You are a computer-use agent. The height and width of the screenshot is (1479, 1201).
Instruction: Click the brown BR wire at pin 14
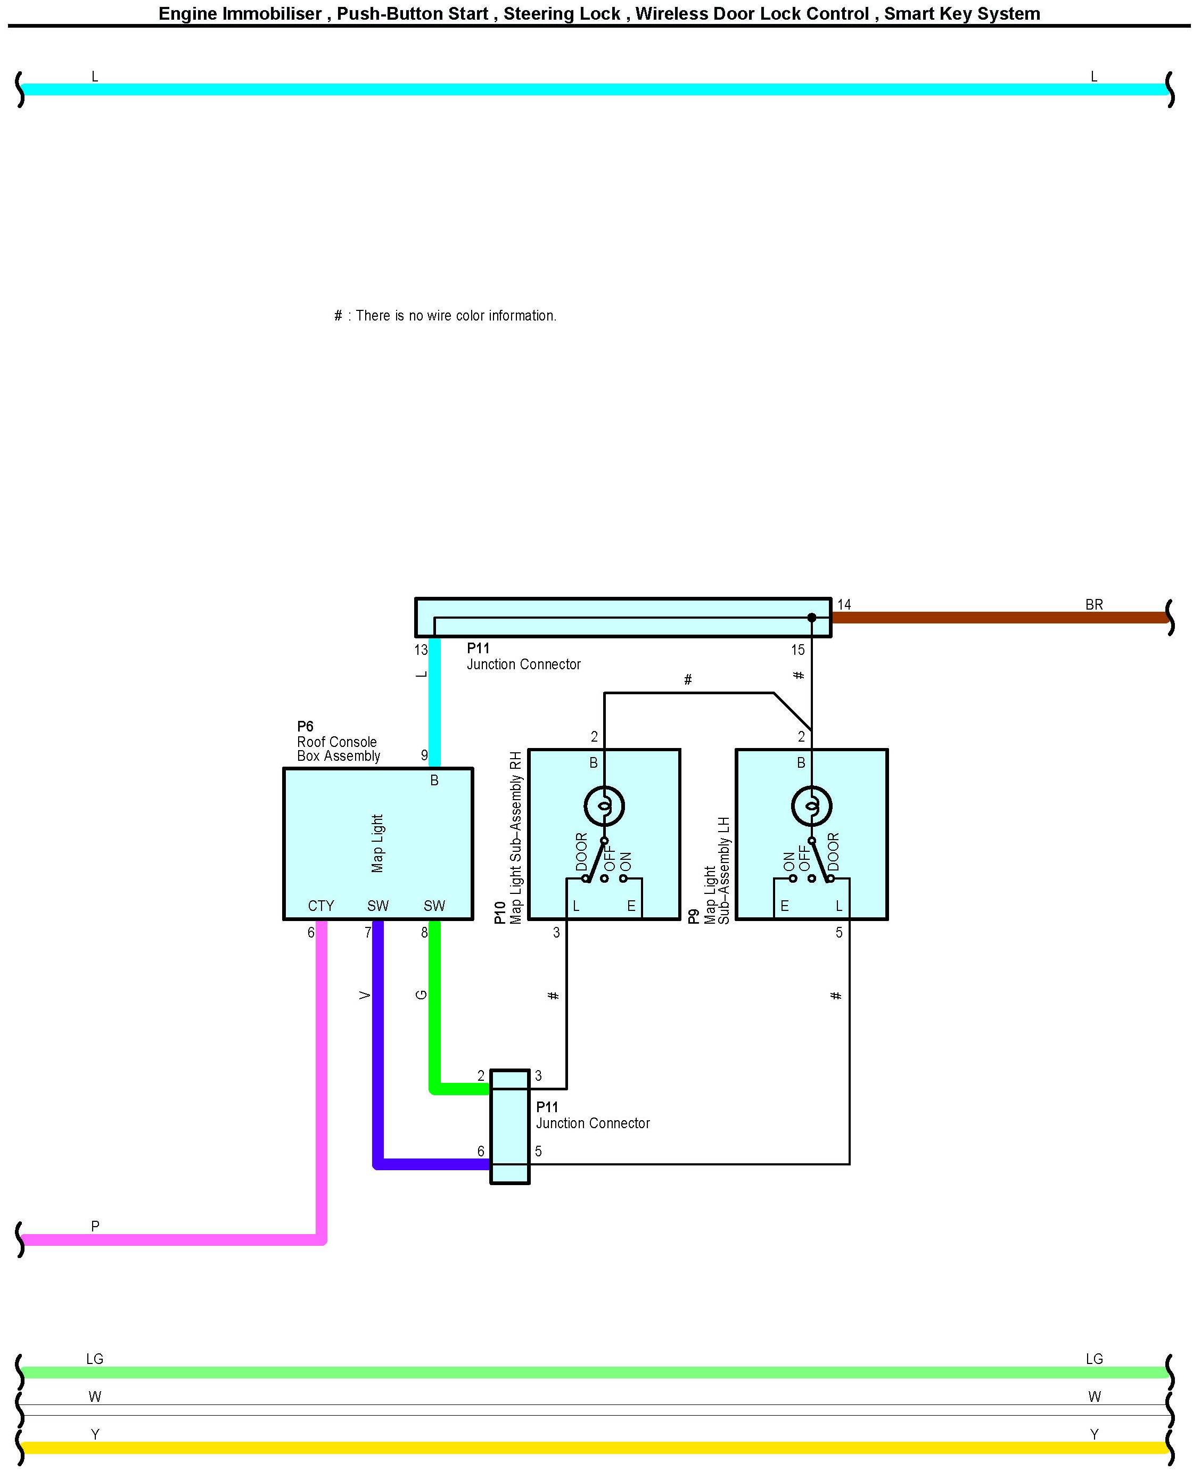pyautogui.click(x=996, y=618)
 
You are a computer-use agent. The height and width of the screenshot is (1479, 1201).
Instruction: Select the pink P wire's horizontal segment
pyautogui.click(x=173, y=1239)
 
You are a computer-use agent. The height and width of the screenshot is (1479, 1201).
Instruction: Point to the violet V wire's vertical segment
pyautogui.click(x=378, y=1038)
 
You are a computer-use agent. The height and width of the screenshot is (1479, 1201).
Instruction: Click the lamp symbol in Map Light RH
pyautogui.click(x=604, y=806)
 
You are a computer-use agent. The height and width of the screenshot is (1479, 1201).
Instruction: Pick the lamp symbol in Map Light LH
pyautogui.click(x=811, y=806)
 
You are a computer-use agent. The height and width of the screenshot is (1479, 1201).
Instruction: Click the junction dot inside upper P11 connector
pyautogui.click(x=811, y=618)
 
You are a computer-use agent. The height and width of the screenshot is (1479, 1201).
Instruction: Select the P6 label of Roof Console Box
pyautogui.click(x=305, y=726)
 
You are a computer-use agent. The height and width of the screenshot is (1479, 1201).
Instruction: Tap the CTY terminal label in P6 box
pyautogui.click(x=321, y=906)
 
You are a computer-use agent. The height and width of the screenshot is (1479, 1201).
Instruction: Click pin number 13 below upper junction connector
pyautogui.click(x=421, y=650)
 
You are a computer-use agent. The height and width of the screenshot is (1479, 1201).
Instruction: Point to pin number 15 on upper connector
pyautogui.click(x=797, y=650)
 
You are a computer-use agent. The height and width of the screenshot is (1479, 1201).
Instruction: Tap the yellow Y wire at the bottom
pyautogui.click(x=595, y=1448)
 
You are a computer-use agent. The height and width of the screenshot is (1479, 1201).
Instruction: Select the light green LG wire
pyautogui.click(x=595, y=1373)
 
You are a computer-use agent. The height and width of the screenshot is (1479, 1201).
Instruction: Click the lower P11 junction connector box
pyautogui.click(x=510, y=1127)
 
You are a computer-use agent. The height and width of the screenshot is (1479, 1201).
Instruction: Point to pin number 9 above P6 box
pyautogui.click(x=424, y=755)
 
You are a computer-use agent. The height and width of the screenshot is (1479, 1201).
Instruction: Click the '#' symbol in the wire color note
pyautogui.click(x=338, y=316)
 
